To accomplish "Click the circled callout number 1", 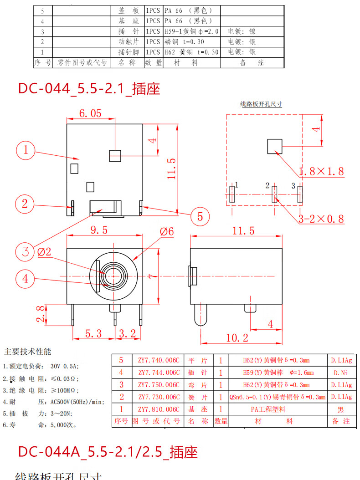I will [26, 149].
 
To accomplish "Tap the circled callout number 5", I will [200, 216].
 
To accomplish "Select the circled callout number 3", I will [26, 251].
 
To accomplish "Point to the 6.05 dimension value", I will [90, 113].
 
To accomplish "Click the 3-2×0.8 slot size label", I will [321, 219].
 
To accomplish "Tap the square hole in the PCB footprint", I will [275, 146].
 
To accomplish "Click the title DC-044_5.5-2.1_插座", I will [89, 88].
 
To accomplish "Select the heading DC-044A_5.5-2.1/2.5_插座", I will [108, 452].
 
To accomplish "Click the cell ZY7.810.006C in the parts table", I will [159, 409].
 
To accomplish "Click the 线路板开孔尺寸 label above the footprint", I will [261, 104].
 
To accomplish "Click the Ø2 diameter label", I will [45, 252].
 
